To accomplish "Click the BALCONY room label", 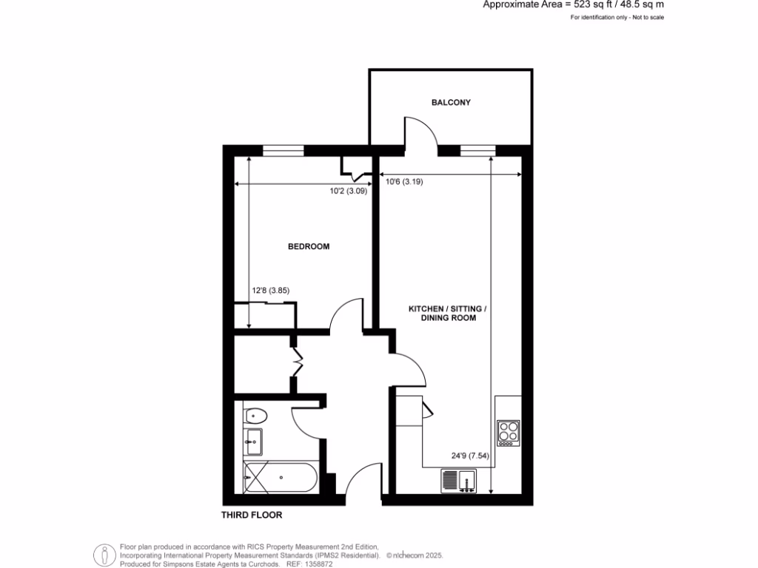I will [451, 103].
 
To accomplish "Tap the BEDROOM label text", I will [309, 246].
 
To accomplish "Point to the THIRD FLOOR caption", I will [252, 515].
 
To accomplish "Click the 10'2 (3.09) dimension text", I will [349, 191].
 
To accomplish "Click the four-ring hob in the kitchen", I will [509, 431].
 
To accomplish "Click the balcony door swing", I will [420, 132].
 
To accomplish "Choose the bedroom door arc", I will [346, 314].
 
